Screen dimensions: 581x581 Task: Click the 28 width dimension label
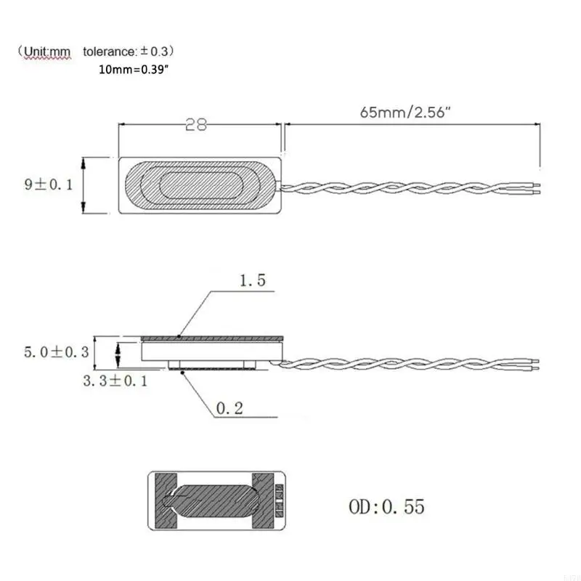[x=196, y=125]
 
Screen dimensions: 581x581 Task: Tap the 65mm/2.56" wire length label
[x=405, y=112]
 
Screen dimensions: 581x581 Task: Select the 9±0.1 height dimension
[x=49, y=184]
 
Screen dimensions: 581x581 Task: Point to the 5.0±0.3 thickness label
[x=57, y=352]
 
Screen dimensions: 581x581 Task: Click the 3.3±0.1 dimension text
[x=115, y=381]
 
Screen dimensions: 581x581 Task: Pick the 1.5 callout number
[x=253, y=280]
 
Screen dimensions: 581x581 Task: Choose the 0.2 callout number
[x=229, y=408]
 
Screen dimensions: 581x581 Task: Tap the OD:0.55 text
[x=386, y=506]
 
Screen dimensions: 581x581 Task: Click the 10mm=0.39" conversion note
[x=134, y=69]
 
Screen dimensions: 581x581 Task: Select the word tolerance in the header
[x=110, y=52]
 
